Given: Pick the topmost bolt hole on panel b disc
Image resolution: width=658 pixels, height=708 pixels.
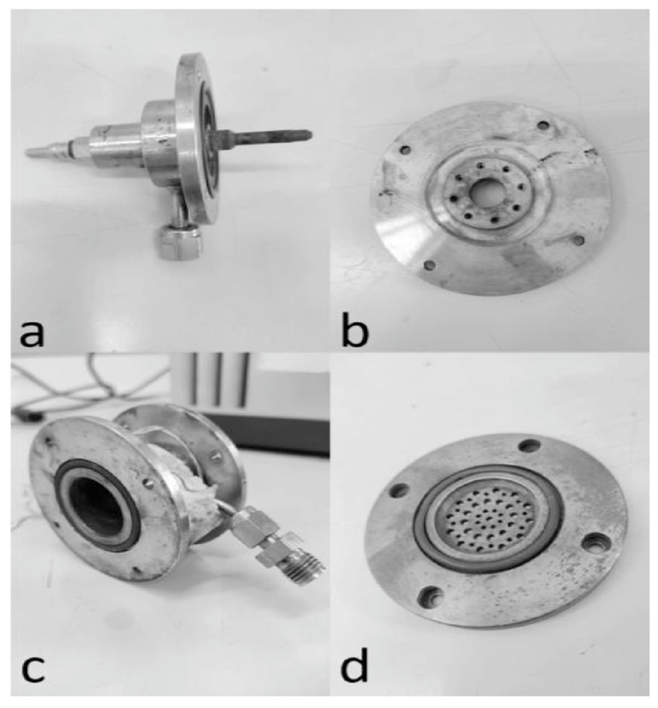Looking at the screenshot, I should point(543,125).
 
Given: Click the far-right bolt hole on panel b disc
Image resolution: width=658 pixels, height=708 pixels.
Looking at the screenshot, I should point(579,239).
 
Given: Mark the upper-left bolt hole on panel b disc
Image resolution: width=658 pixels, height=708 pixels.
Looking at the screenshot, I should point(405,150).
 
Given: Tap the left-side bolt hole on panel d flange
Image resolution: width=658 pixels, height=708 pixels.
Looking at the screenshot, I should point(399,490).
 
